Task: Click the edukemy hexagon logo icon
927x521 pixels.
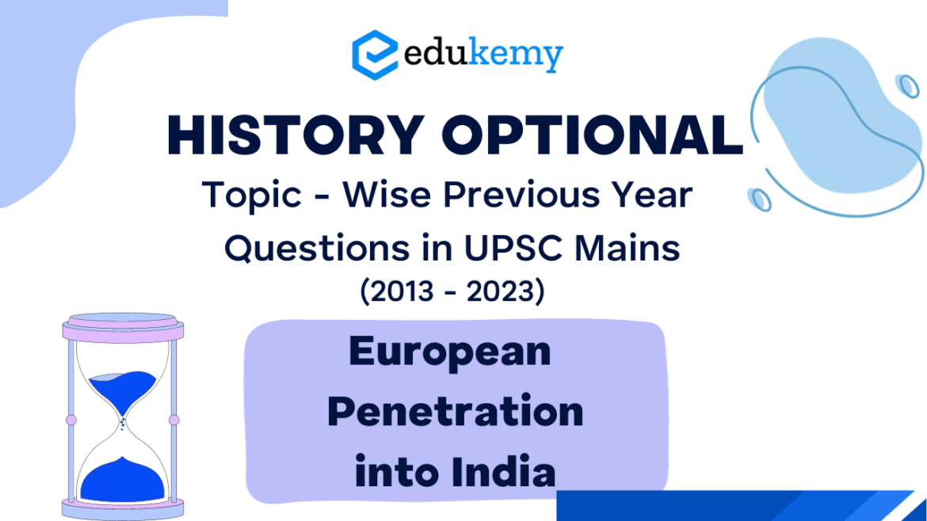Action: [374, 54]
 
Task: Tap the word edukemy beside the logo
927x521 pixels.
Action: [483, 55]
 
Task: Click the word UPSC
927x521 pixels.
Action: [502, 248]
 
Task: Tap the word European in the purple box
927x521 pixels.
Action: [450, 351]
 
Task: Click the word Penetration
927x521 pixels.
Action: [455, 412]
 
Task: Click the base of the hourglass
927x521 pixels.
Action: [122, 508]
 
